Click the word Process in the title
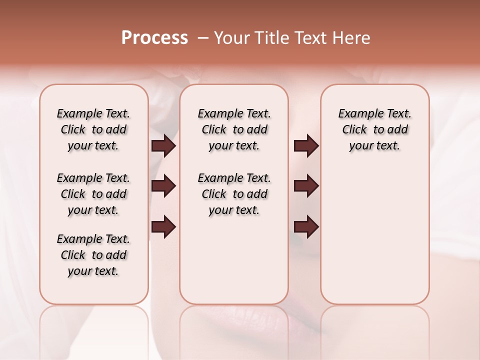tap(154, 38)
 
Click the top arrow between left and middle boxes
tap(163, 146)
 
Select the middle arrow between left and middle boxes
tap(163, 186)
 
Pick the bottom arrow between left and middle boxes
tap(163, 226)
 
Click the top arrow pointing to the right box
tap(306, 146)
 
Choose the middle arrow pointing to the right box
tap(306, 186)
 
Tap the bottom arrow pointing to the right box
tap(306, 226)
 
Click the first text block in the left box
tap(93, 129)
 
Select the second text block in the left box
tap(93, 194)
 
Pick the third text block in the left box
tap(93, 255)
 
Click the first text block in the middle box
tap(234, 129)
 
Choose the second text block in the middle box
tap(234, 194)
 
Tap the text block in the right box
tap(374, 129)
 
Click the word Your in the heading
tap(231, 38)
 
